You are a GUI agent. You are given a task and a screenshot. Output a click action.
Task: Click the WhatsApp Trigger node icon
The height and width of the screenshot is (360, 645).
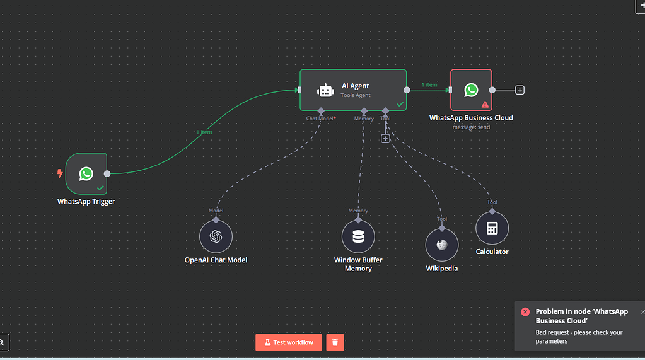tap(86, 173)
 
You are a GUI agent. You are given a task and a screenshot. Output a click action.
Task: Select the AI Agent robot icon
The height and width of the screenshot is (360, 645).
tap(325, 90)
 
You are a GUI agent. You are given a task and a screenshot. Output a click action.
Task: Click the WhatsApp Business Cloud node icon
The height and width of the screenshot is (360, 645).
tap(471, 90)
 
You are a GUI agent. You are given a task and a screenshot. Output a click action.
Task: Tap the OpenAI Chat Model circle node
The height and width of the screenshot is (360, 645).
tap(216, 237)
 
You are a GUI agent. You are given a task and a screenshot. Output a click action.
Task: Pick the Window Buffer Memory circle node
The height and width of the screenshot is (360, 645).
tap(358, 237)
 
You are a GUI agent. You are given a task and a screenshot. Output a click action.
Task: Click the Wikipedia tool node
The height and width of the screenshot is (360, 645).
tap(442, 245)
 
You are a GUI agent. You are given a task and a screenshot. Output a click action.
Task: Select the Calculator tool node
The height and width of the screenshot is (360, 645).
tap(492, 228)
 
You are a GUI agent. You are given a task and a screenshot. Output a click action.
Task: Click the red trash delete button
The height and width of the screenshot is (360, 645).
tap(335, 342)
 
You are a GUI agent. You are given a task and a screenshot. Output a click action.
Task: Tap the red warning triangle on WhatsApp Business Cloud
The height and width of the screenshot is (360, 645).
tap(485, 105)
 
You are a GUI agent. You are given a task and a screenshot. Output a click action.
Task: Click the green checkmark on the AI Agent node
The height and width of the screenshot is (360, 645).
tap(400, 104)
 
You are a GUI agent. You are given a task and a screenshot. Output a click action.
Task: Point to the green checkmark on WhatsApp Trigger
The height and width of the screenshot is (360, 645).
tap(100, 188)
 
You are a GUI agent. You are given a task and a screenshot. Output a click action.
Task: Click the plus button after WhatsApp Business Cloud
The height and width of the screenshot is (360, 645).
tap(520, 90)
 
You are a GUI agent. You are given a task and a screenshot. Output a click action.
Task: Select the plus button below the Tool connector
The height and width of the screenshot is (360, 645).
tap(385, 138)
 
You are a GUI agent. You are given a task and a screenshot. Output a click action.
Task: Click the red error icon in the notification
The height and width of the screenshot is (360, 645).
tap(525, 312)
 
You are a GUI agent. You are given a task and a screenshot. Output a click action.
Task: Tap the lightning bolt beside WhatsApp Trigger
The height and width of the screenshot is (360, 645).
tap(60, 173)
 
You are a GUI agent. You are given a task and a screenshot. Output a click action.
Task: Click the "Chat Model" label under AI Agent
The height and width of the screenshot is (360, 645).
tap(320, 119)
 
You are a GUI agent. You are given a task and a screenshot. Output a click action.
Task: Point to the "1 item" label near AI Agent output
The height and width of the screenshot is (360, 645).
tap(429, 85)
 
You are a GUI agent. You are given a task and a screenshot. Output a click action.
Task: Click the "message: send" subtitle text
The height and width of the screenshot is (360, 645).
tap(471, 127)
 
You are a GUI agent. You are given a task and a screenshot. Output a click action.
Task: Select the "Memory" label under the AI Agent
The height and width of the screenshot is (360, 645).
tap(364, 119)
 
